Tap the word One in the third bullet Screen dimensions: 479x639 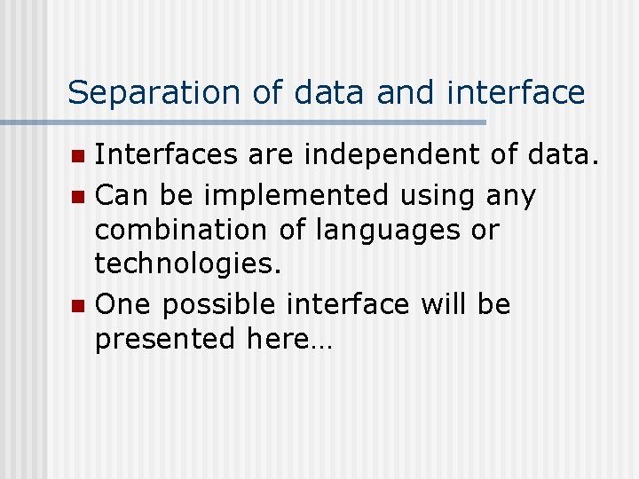pos(122,303)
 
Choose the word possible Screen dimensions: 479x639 pos(219,305)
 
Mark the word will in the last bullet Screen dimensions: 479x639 pos(443,303)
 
